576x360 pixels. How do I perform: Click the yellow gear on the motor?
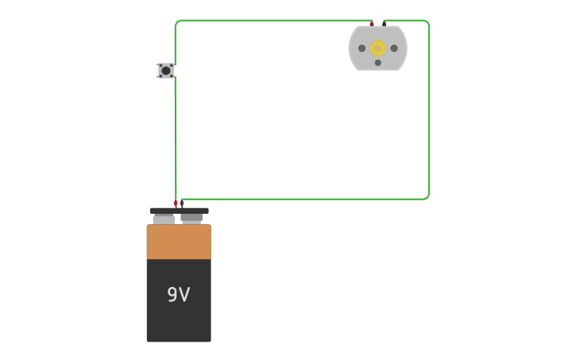(x=378, y=48)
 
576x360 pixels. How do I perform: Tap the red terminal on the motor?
(x=372, y=24)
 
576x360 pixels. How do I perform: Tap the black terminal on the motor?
(x=385, y=24)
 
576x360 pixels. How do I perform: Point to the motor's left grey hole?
(x=362, y=48)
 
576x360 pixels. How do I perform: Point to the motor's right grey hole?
(x=394, y=48)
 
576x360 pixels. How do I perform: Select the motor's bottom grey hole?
(x=378, y=63)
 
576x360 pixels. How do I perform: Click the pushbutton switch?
(x=166, y=71)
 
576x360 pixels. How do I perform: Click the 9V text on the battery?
(x=179, y=295)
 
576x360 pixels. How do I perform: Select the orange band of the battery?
(x=179, y=242)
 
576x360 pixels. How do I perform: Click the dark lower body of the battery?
(x=179, y=318)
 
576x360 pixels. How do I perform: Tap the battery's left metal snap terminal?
(x=164, y=219)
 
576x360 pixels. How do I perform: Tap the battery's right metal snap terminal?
(x=191, y=218)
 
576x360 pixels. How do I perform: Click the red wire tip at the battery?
(x=176, y=204)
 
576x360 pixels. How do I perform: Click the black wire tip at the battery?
(x=182, y=203)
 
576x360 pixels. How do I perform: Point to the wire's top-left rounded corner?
(x=177, y=22)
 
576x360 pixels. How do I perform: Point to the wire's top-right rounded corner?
(x=427, y=22)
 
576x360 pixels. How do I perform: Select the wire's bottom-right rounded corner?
(x=427, y=196)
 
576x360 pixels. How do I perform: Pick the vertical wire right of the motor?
(x=430, y=111)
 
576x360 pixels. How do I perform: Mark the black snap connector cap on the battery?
(x=180, y=211)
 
